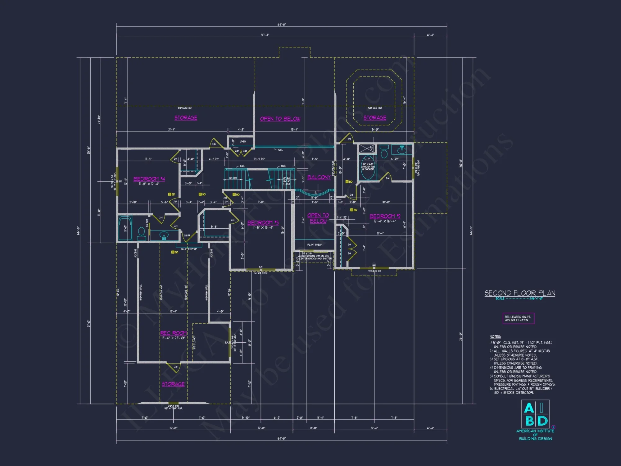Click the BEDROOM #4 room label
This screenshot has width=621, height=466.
149,179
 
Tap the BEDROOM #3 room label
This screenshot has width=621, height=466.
263,223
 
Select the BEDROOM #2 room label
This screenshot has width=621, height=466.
385,216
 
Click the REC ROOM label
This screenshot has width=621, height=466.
173,333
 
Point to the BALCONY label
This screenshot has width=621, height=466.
319,177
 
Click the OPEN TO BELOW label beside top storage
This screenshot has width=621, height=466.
280,119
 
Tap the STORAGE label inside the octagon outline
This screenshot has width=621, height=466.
375,118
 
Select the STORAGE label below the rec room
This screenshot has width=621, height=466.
173,384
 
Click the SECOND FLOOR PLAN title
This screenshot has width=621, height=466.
520,293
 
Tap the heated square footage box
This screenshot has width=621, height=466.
518,318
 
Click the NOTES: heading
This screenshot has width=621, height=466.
495,337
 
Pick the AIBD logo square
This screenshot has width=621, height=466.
535,414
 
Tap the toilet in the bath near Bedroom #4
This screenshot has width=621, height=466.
141,233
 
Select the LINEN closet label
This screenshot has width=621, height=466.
243,141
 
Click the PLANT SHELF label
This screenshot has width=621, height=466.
314,245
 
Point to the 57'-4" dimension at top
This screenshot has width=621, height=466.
265,35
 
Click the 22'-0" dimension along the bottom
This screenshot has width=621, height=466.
173,428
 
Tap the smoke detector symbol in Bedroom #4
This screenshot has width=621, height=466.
170,194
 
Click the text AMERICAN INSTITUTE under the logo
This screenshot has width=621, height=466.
535,431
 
